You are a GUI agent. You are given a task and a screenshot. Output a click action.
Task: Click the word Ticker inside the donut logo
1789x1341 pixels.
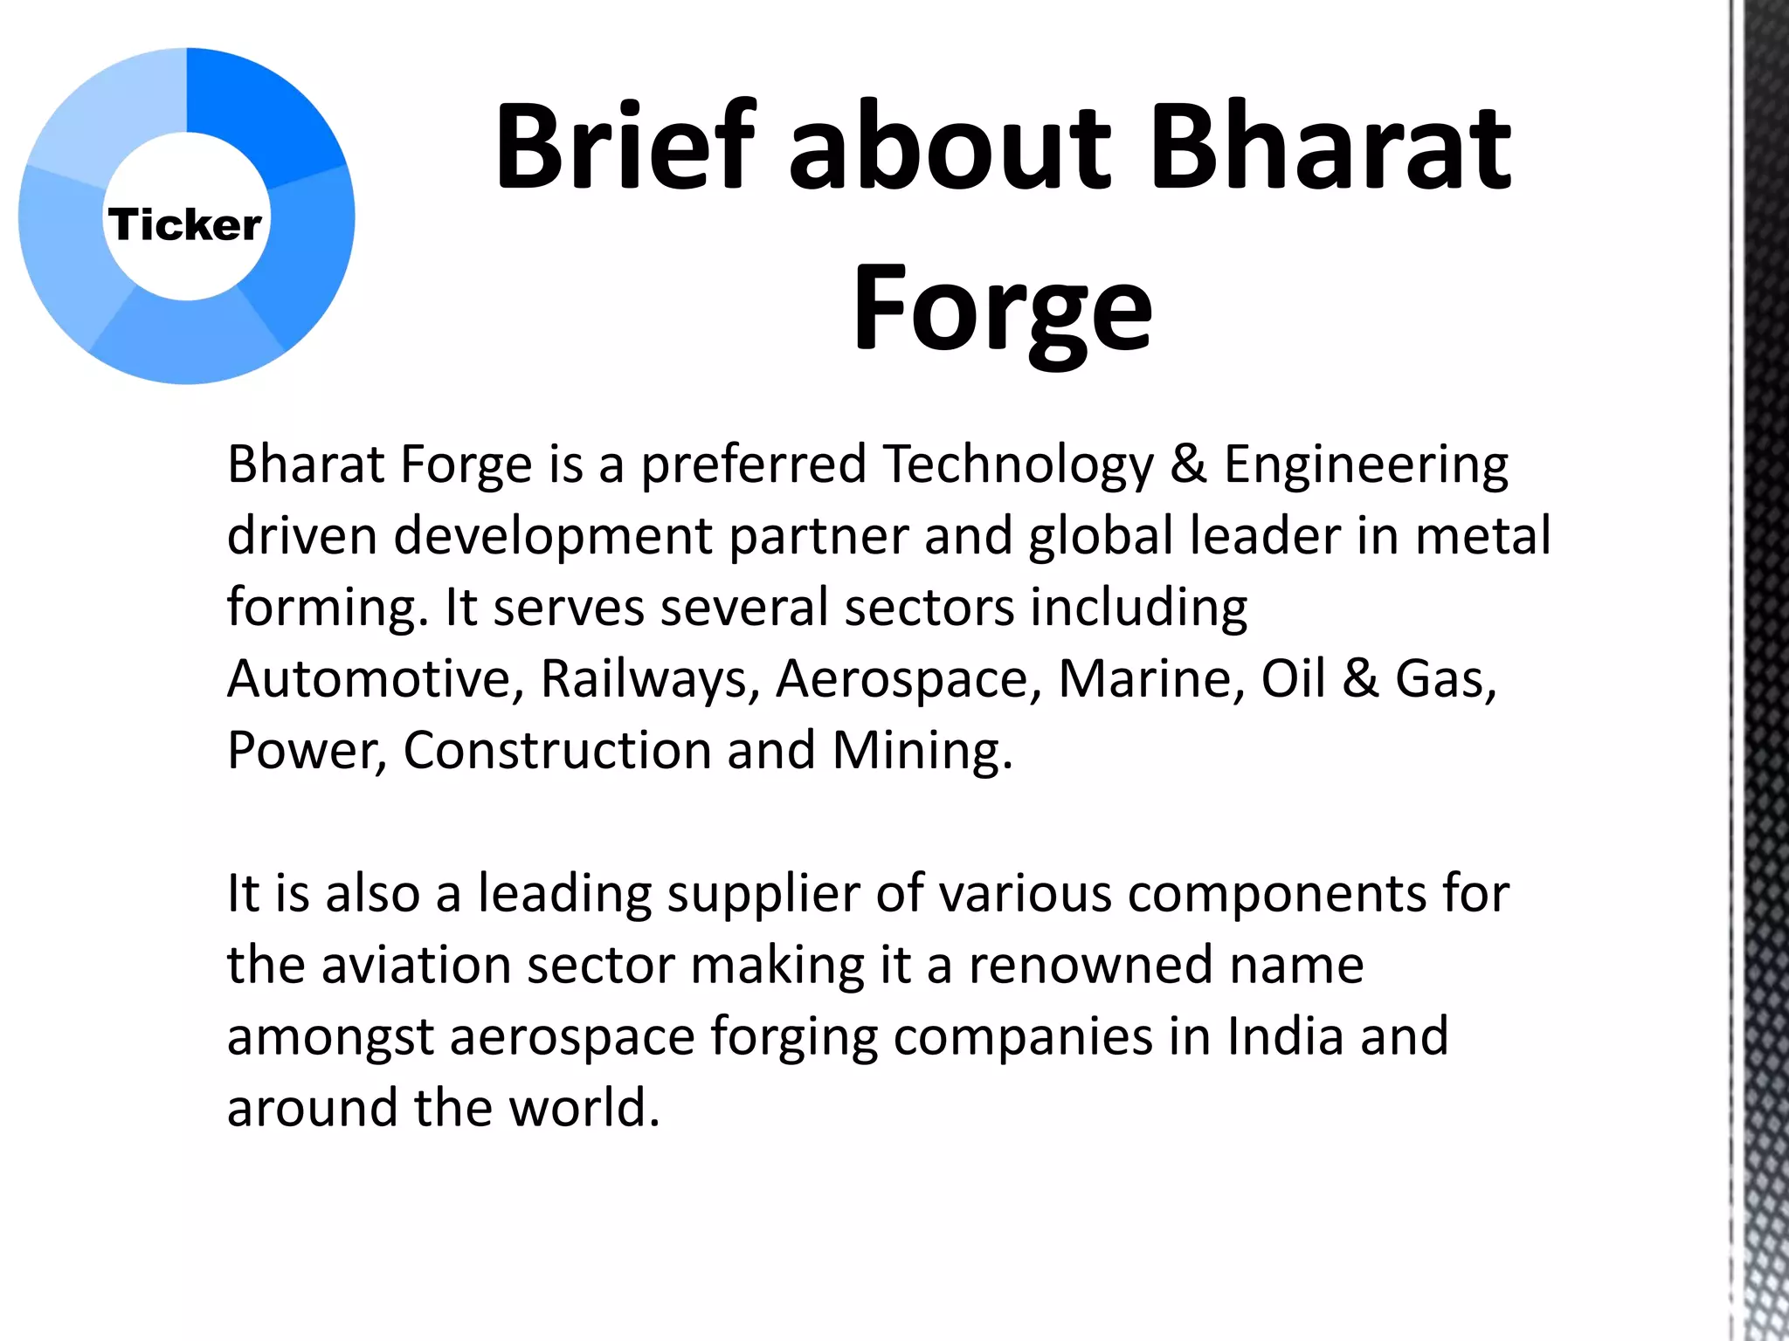click(x=184, y=225)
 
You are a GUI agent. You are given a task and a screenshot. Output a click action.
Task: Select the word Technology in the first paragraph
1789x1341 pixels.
click(x=1018, y=464)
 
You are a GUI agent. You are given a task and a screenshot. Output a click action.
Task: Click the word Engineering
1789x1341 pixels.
click(x=1365, y=464)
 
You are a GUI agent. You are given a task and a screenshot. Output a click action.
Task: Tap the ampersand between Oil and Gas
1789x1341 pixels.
click(x=1360, y=678)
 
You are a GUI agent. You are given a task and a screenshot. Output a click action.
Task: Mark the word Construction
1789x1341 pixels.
click(x=556, y=751)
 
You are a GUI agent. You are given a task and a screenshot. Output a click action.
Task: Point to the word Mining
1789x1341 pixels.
click(x=922, y=751)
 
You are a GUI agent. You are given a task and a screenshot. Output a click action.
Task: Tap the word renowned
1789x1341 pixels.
click(x=1091, y=966)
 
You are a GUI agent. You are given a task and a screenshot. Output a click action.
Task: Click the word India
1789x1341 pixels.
click(x=1285, y=1037)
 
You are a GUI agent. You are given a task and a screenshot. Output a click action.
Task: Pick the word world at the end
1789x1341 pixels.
click(x=584, y=1109)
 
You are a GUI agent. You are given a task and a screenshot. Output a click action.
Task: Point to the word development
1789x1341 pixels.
click(x=553, y=536)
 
